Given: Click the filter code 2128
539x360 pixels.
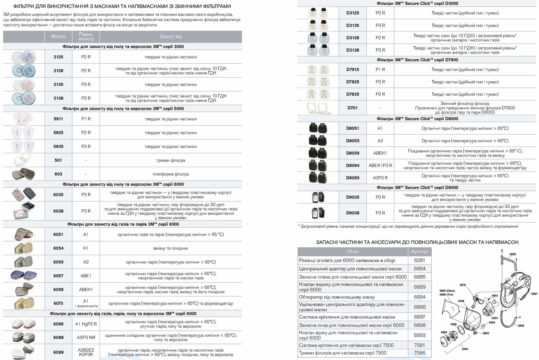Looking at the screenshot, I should [x=58, y=71].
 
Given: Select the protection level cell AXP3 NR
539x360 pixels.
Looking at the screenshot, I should [x=86, y=337].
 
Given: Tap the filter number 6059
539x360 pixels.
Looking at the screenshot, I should [x=58, y=290].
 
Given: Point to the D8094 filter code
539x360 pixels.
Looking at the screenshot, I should [x=352, y=165].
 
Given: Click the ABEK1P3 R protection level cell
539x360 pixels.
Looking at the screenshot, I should [x=380, y=165].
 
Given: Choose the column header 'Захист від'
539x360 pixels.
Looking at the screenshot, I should [x=170, y=36].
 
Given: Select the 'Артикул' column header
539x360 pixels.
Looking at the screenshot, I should [x=420, y=252].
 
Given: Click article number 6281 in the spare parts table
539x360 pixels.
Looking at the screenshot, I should [x=420, y=260].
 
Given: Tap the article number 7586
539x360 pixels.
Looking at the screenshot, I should [x=420, y=353].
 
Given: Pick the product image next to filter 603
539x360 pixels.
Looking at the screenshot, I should [x=23, y=174].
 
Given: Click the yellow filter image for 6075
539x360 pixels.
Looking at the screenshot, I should [x=23, y=303].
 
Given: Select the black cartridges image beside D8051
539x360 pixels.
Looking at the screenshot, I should [x=318, y=128].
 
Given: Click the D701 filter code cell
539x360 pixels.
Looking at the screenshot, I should [x=352, y=108].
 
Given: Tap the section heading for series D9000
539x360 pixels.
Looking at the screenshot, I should [x=417, y=187].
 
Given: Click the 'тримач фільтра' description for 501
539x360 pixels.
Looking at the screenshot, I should [x=171, y=160].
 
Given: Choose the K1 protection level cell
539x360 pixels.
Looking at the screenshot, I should [x=86, y=248].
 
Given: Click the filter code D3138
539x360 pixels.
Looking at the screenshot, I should [x=352, y=50].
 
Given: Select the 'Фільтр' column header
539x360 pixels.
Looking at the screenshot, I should [x=58, y=36].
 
